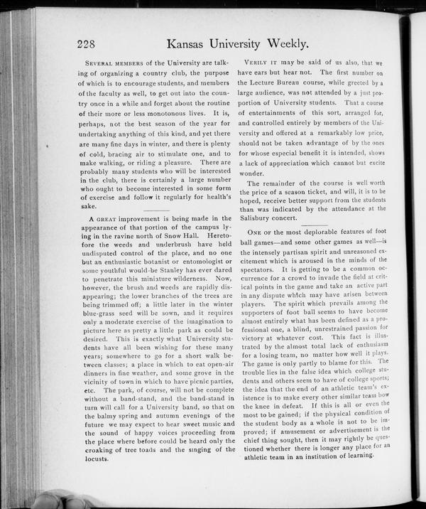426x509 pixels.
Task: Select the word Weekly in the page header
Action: (285, 44)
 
